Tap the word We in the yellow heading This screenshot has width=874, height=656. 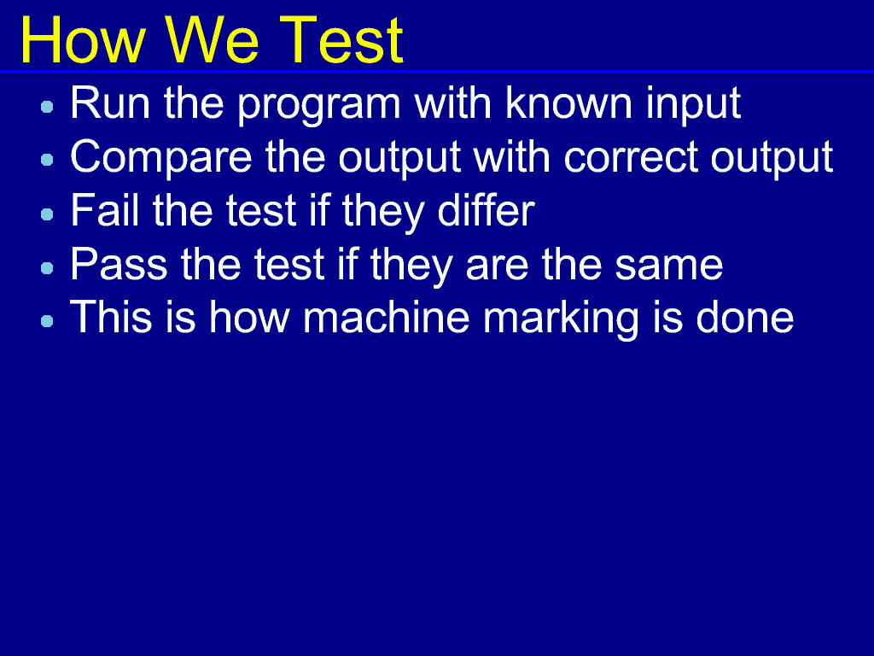[x=212, y=40]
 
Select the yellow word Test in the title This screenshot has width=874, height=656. [x=341, y=40]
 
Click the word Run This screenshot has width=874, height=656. [x=110, y=103]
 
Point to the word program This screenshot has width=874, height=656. [x=319, y=106]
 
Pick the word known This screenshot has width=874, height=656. [x=568, y=103]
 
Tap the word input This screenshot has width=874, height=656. [x=693, y=105]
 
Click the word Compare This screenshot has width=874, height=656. [x=161, y=159]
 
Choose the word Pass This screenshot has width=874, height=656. [x=119, y=265]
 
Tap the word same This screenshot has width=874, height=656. [x=669, y=266]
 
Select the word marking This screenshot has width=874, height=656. [x=561, y=320]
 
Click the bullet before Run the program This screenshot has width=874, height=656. [x=48, y=107]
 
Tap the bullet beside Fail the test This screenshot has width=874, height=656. [x=48, y=214]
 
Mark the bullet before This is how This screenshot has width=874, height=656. [x=48, y=321]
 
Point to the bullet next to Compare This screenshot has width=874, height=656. [x=48, y=160]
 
